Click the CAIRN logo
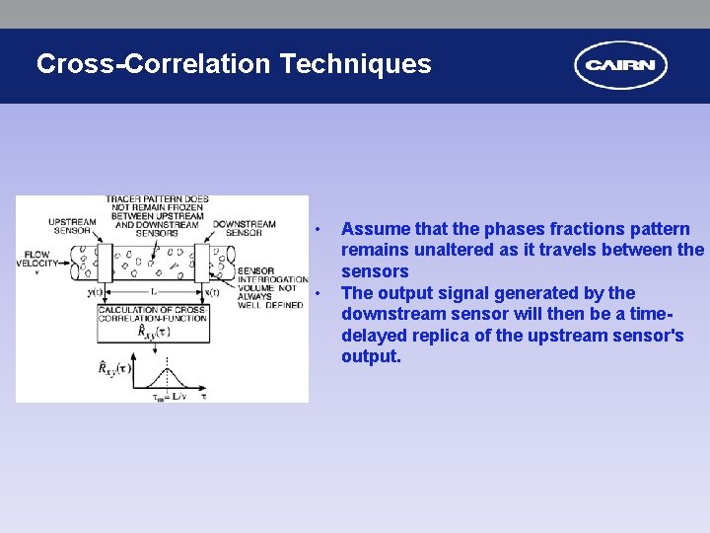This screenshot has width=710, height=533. click(x=620, y=65)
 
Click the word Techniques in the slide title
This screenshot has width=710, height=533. click(x=355, y=64)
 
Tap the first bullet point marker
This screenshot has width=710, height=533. click(x=318, y=230)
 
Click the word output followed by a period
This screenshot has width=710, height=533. click(x=371, y=356)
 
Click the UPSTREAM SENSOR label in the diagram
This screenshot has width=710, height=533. click(x=72, y=228)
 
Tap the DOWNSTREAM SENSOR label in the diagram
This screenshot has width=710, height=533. click(x=244, y=228)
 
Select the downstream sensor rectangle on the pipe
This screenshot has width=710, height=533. click(x=202, y=264)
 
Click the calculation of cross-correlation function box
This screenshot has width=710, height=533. click(x=152, y=322)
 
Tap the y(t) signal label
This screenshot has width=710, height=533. click(x=96, y=292)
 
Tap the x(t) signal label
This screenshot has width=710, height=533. click(x=210, y=292)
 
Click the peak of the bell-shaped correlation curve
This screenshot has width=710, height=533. click(x=168, y=367)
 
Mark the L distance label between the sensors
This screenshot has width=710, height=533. click(x=153, y=292)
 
